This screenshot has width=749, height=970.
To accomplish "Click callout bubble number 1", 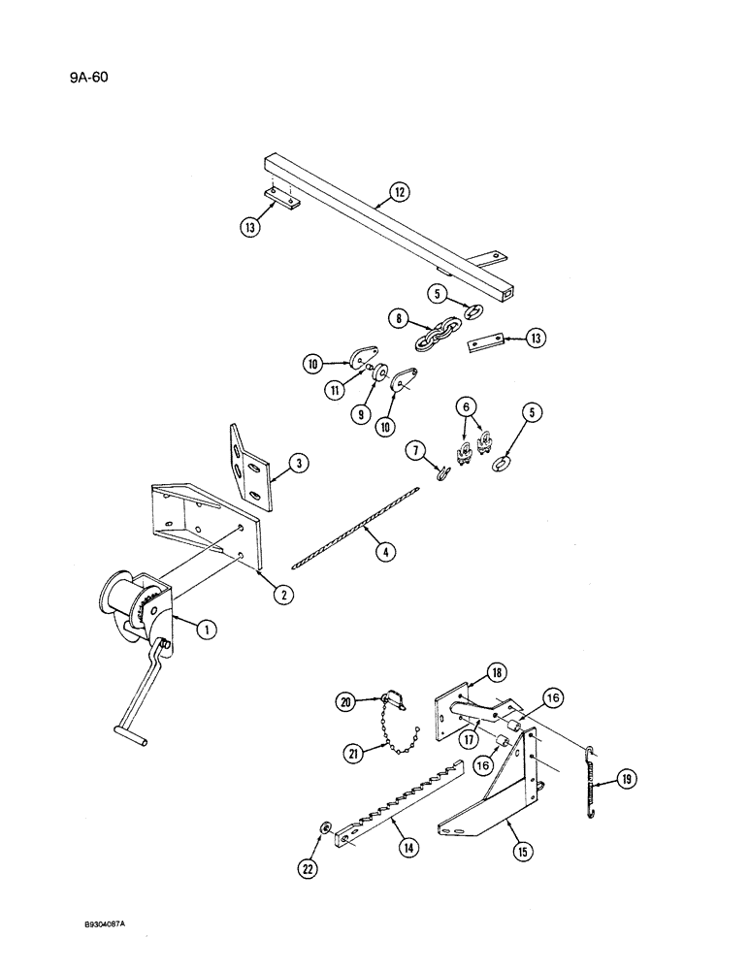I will pos(204,630).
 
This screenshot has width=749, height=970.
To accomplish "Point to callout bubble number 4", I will pos(384,553).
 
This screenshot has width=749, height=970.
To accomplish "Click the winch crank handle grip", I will pos(130,736).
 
